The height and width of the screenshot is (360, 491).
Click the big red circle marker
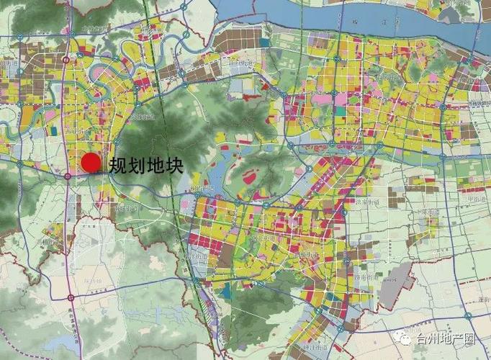click(x=90, y=163)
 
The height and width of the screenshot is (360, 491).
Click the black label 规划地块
click(x=145, y=164)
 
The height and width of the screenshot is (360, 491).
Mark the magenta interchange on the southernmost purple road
click(x=70, y=297)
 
